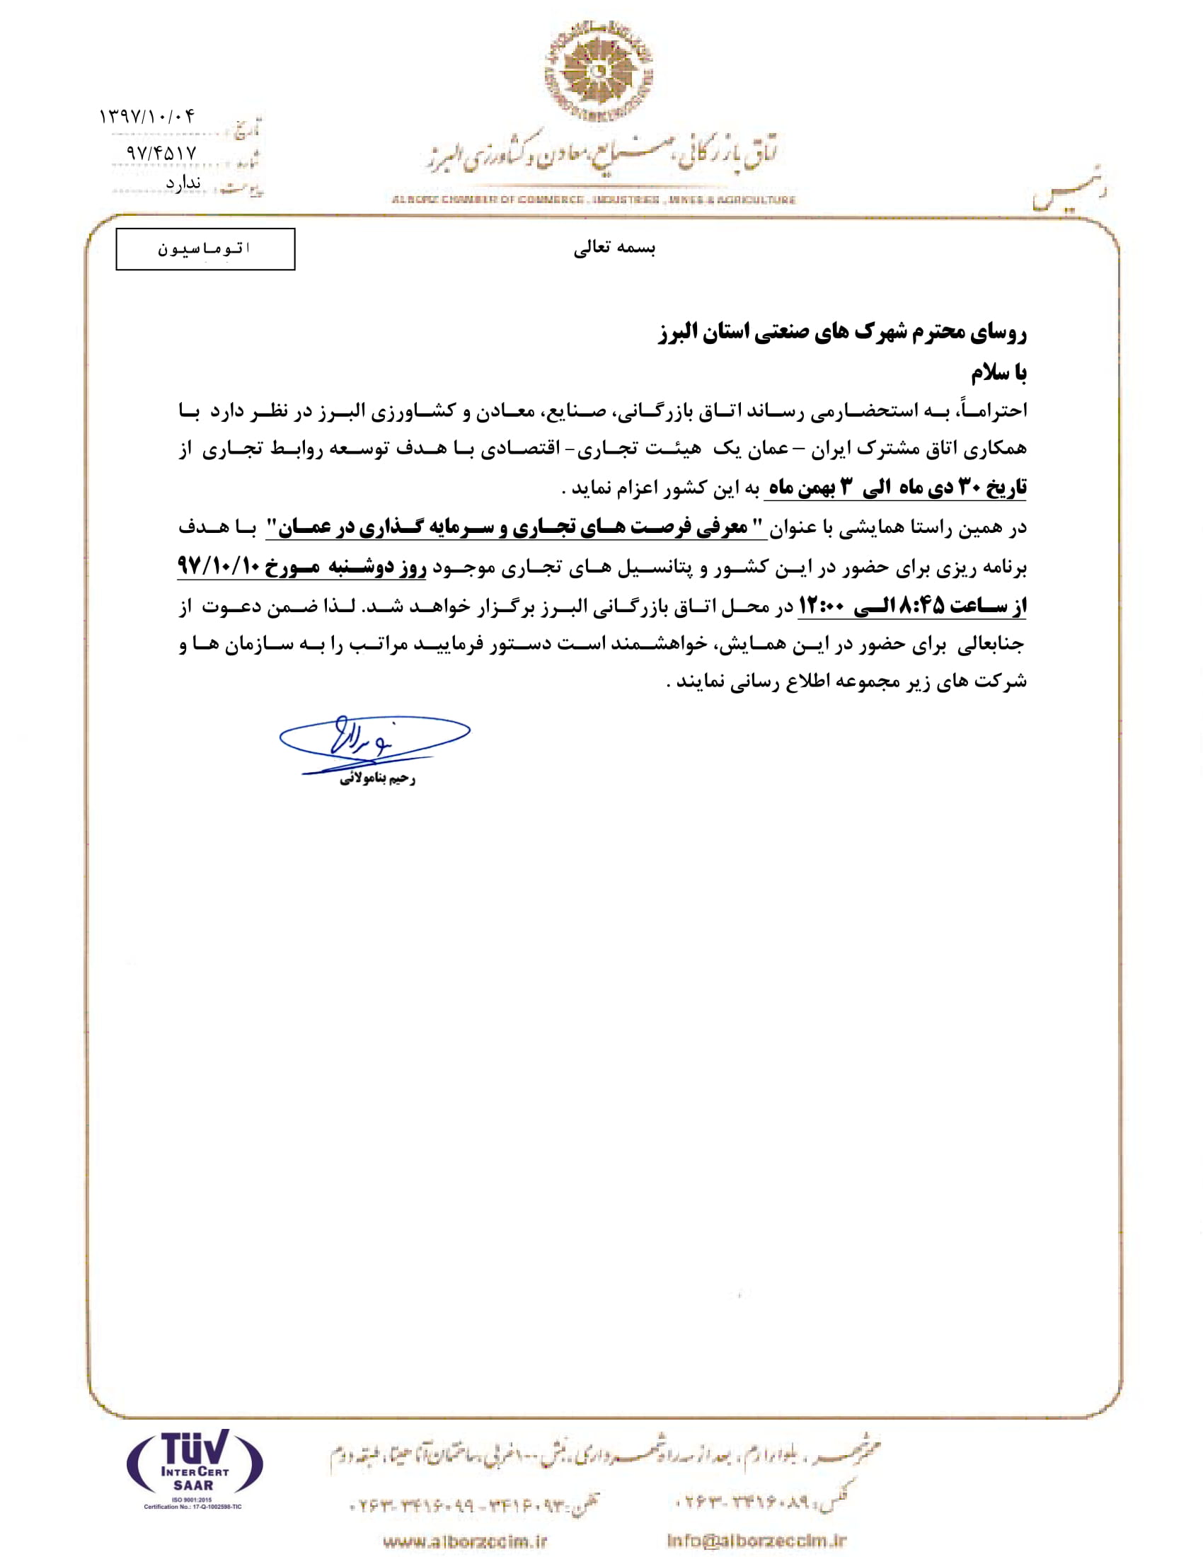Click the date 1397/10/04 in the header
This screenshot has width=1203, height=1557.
pos(146,116)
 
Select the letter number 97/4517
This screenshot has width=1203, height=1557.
pos(161,153)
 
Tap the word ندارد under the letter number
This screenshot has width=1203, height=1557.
pos(183,183)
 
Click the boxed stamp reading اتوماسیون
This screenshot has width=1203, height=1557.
pos(205,249)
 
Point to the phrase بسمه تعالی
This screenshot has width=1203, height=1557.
pos(614,248)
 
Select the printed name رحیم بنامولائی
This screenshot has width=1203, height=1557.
pos(377,779)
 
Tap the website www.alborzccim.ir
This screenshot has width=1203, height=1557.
pos(465,1541)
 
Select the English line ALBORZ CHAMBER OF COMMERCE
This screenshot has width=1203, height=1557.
pos(593,200)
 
